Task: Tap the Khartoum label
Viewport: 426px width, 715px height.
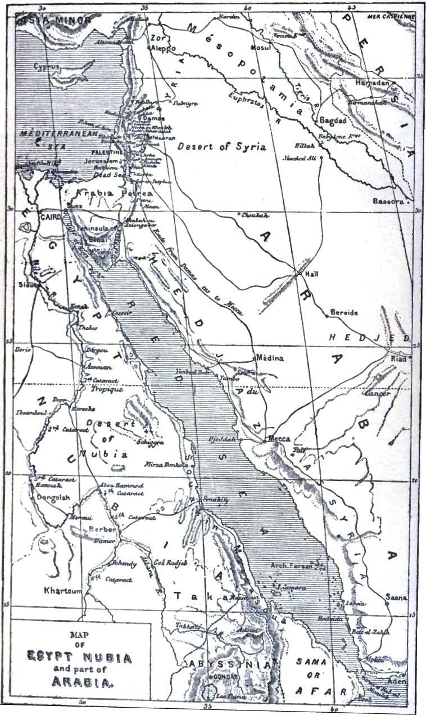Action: tap(63, 591)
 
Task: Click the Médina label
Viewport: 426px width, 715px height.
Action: tap(269, 358)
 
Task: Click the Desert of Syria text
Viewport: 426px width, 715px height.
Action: tap(221, 147)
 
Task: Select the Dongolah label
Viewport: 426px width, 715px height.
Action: tap(52, 497)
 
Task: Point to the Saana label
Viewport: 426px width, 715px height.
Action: tap(396, 597)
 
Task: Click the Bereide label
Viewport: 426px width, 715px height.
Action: tap(344, 313)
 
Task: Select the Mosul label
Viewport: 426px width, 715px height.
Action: tap(261, 47)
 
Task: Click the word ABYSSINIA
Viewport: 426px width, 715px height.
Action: tap(230, 664)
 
